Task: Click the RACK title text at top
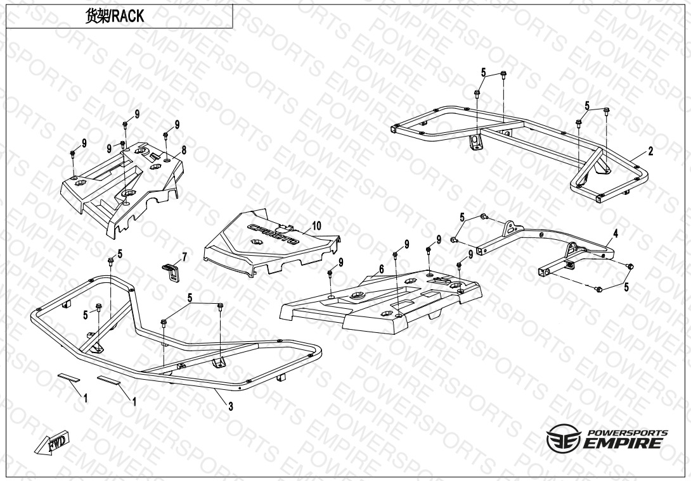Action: click(114, 16)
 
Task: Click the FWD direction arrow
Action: click(53, 442)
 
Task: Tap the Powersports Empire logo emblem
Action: click(562, 438)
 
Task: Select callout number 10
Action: click(316, 226)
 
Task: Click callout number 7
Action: click(184, 257)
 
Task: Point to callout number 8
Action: click(184, 150)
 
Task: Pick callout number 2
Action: click(650, 151)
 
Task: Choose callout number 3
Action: click(231, 406)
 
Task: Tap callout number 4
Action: click(616, 234)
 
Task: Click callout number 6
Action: click(381, 269)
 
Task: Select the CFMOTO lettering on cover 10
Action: click(273, 234)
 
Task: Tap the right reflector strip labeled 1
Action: click(109, 380)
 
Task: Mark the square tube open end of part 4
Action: click(541, 273)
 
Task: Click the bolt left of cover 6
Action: click(329, 274)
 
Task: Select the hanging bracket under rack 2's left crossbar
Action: click(475, 142)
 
